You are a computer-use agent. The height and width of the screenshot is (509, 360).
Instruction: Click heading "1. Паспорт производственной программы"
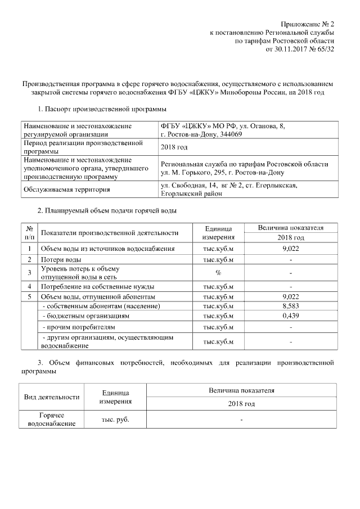pyautogui.click(x=101, y=109)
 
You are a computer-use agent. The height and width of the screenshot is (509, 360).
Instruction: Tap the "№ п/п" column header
pyautogui.click(x=28, y=232)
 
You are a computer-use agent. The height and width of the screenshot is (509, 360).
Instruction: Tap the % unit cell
pyautogui.click(x=218, y=273)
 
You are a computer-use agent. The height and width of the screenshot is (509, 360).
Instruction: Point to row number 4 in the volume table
pyautogui.click(x=28, y=286)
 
